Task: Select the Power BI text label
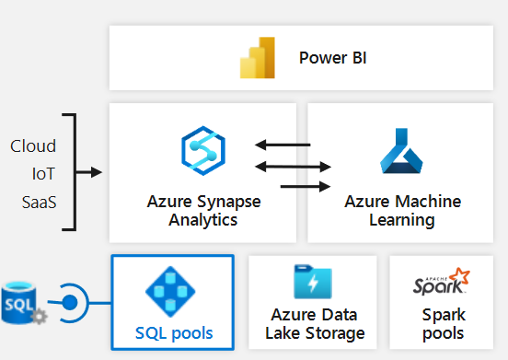click(332, 59)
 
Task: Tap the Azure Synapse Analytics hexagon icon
click(203, 151)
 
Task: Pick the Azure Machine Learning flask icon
click(401, 152)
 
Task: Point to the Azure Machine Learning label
click(402, 211)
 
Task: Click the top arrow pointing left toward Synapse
click(283, 145)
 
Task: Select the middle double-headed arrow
click(293, 166)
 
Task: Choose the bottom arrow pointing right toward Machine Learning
click(305, 186)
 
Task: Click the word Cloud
click(33, 146)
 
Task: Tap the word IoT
click(42, 171)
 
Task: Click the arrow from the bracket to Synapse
click(89, 171)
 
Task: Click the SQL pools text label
click(172, 331)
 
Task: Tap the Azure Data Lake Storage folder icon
click(312, 282)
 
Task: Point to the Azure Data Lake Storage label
click(312, 324)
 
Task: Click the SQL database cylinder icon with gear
click(19, 303)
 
